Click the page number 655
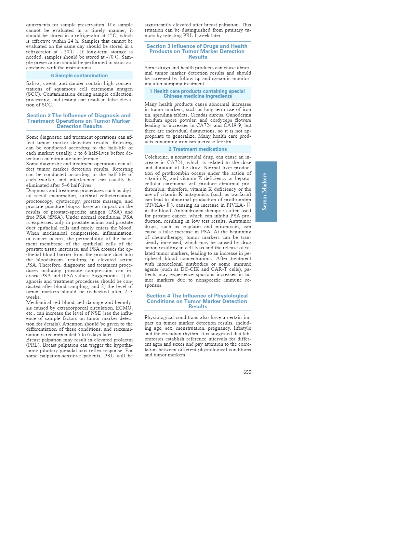coord(247,372)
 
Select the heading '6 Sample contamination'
coord(79,76)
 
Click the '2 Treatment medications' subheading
coord(198,149)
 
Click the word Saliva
coord(33,84)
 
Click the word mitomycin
coord(226,227)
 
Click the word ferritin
coord(223,142)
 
